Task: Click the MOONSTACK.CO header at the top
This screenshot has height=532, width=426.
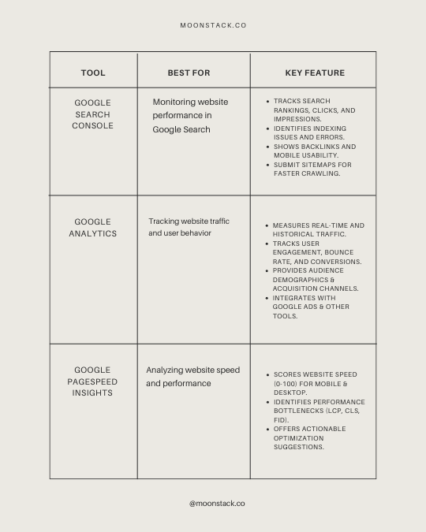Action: coord(213,25)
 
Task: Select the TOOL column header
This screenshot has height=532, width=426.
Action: coord(93,73)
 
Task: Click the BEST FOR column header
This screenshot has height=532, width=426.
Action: coord(189,73)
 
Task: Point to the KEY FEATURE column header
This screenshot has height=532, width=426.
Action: coord(315,73)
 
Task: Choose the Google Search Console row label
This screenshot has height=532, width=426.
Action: coord(93,114)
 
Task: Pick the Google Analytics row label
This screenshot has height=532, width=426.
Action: coord(93,228)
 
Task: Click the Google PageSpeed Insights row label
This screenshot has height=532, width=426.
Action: coord(93,381)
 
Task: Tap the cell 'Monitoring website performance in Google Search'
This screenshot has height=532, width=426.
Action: coord(190,116)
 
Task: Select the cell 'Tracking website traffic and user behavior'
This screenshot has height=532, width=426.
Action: coord(189,227)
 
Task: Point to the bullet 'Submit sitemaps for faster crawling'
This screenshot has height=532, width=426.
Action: coord(312,169)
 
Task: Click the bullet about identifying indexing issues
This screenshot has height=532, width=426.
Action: coord(309,132)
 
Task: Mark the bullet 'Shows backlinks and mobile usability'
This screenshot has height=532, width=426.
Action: coord(314,151)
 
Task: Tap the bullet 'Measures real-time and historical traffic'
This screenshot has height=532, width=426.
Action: coord(318,230)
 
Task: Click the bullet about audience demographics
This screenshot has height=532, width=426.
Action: coord(316,280)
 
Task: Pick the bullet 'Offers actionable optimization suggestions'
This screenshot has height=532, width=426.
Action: coord(309,438)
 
